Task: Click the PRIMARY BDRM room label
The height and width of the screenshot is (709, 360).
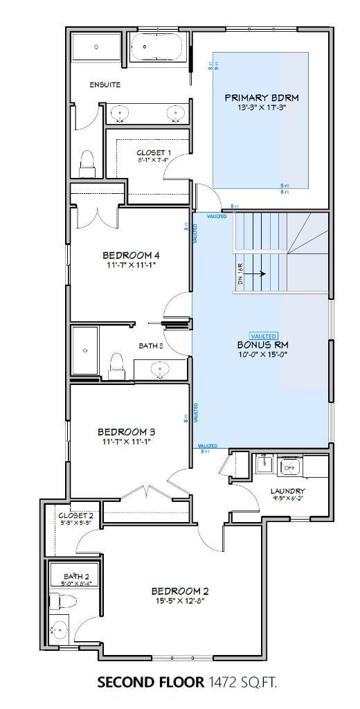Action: tap(255, 97)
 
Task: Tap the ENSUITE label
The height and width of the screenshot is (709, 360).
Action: tap(105, 84)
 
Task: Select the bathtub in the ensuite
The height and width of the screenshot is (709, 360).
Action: tap(157, 48)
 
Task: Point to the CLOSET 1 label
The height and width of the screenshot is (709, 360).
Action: tap(154, 152)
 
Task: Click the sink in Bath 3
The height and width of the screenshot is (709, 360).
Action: tap(161, 368)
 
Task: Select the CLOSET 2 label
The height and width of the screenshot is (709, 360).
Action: tap(74, 516)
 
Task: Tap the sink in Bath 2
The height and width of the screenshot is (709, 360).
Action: tap(60, 631)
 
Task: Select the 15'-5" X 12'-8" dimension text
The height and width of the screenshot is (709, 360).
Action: tap(179, 601)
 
